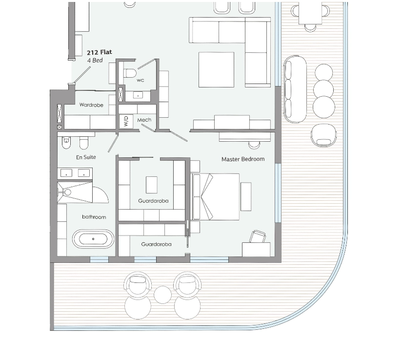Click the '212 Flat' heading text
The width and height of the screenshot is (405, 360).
tap(100, 52)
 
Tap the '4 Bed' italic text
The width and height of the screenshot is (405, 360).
tap(95, 60)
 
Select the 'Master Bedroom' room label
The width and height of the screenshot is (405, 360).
tap(243, 159)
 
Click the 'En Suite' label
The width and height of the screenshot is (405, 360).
tap(86, 157)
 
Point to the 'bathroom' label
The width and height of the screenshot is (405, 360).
tap(94, 217)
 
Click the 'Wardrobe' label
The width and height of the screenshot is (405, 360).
tap(91, 105)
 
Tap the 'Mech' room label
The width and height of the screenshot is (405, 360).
tap(144, 120)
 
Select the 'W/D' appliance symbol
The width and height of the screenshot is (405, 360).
tap(126, 121)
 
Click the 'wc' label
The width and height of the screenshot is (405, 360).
tap(140, 80)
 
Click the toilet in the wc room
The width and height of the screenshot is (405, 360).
tap(130, 73)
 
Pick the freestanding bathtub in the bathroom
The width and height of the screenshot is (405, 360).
tap(93, 239)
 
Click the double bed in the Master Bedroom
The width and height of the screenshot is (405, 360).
tap(215, 197)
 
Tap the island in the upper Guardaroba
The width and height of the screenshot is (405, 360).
tap(152, 185)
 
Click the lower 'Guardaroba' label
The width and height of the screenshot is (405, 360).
tap(156, 244)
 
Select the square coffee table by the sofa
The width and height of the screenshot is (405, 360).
tap(217, 69)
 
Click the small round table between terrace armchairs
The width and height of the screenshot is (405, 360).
tap(162, 295)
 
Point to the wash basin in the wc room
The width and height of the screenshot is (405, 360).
tap(138, 95)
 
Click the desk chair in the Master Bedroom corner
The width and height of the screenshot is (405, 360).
tap(258, 236)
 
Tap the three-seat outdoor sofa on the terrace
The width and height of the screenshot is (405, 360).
tap(295, 89)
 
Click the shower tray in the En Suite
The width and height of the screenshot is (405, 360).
tap(75, 192)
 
